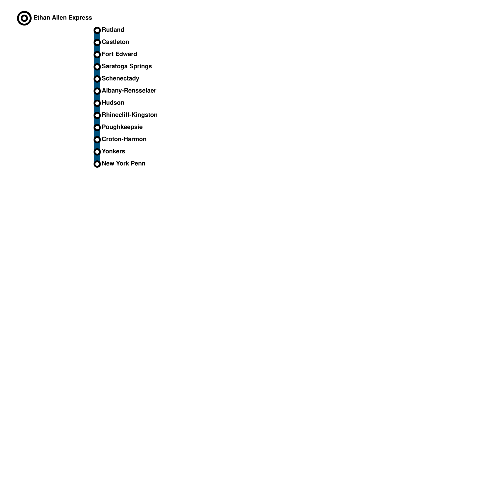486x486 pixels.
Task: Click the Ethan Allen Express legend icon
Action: coord(24,18)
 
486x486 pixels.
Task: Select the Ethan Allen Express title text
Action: coord(63,18)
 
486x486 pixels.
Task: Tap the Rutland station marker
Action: coord(97,30)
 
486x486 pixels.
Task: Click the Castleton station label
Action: coord(115,42)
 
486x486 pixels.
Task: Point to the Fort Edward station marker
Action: coord(97,55)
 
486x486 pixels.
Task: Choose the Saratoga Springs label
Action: coord(127,67)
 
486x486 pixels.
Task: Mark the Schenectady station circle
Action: coord(97,79)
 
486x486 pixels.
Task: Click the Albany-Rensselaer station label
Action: coord(129,91)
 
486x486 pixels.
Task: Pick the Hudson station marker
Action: coord(97,103)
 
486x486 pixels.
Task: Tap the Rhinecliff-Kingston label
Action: coord(129,115)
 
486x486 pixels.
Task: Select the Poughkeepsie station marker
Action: coord(97,128)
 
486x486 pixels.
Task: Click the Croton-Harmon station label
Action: coord(124,139)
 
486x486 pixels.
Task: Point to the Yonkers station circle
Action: coord(97,152)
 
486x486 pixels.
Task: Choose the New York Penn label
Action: coord(123,164)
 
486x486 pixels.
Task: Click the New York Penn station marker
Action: coord(97,164)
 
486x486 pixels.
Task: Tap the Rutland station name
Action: coord(113,30)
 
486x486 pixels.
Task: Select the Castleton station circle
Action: coord(97,43)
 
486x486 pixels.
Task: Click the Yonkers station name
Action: coord(113,152)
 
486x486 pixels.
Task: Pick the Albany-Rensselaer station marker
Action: coord(97,91)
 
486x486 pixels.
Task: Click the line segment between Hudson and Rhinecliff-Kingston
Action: coord(97,109)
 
